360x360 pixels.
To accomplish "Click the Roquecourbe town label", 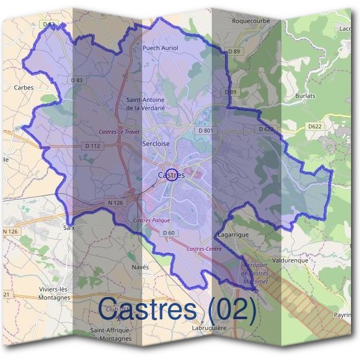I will coord(251,20).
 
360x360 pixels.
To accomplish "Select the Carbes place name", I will coord(23,87).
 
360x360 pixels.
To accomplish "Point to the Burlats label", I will coord(305,95).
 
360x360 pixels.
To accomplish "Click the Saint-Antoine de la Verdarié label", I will coord(145,104).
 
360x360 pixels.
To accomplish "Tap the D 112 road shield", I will coord(92,146).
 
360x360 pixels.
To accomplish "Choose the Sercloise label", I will coord(156,144).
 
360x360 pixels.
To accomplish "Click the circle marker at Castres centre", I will coord(171,174).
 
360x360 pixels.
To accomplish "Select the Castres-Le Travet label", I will coord(118,131).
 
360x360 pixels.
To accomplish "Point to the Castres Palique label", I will coord(148,221).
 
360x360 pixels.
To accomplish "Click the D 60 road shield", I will coord(168,233).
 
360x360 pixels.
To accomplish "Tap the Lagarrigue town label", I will coord(233,235).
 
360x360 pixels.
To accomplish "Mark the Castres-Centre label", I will coord(205,248).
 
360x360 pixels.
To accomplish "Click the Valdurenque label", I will coord(290,261).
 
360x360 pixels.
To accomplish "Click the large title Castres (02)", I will coord(178,308).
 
